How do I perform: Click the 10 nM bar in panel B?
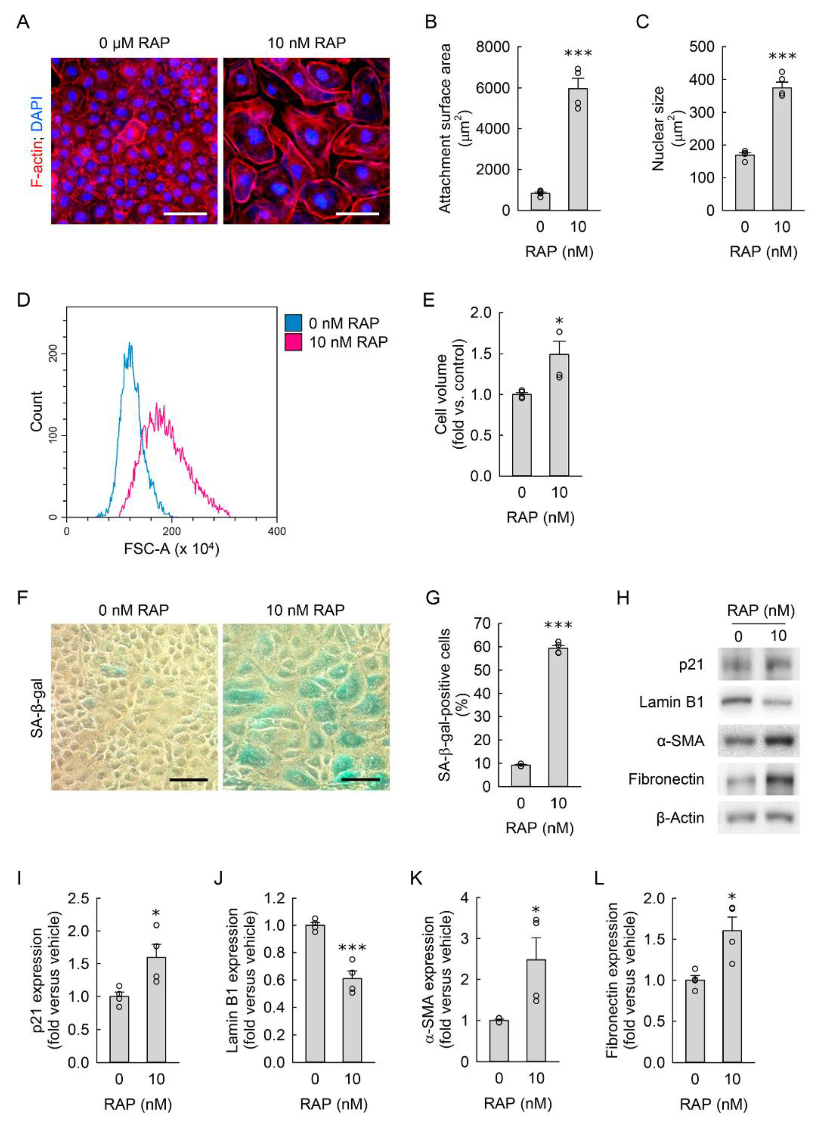[578, 149]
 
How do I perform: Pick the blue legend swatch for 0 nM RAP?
[293, 323]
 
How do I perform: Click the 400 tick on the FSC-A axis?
[277, 531]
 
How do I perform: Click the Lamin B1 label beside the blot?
[672, 702]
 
